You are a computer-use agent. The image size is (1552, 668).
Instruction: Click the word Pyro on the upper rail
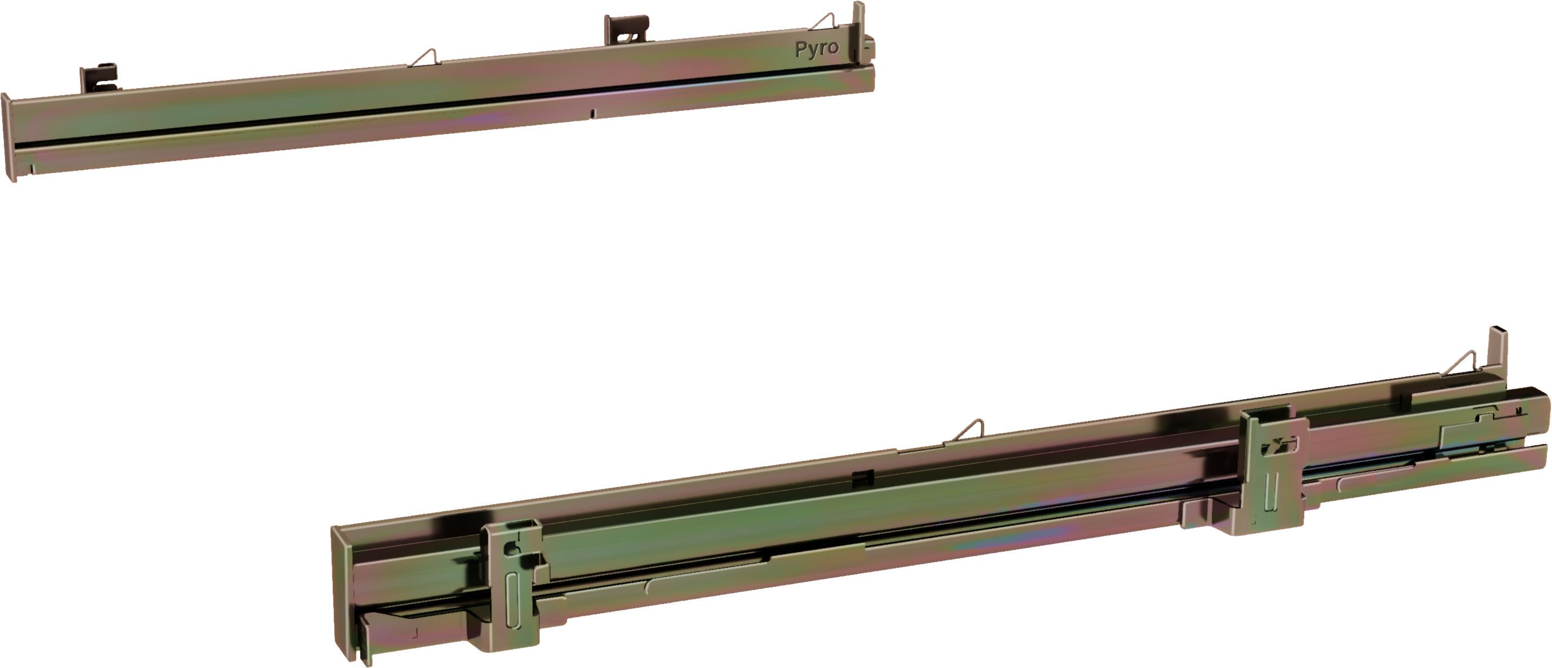(817, 49)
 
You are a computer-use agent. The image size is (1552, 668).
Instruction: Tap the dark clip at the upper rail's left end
(100, 78)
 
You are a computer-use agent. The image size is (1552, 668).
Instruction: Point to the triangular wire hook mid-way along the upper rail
(424, 58)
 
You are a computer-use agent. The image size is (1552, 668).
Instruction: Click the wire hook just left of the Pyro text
(823, 22)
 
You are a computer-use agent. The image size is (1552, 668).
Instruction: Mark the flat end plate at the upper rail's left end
(9, 137)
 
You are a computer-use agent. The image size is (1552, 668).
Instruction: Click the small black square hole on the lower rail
(864, 478)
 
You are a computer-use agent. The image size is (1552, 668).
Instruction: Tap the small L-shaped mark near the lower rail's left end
(415, 633)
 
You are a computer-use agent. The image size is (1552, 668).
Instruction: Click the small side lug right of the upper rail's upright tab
(870, 48)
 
